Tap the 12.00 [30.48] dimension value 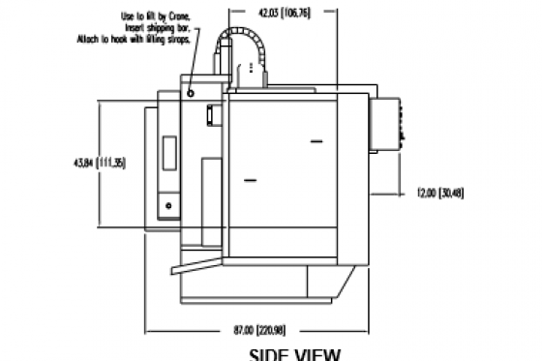coord(440,194)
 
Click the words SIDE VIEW coord(295,353)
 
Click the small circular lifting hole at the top coord(192,93)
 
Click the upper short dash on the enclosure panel coord(316,141)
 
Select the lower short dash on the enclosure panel coord(253,179)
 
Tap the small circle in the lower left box coord(168,205)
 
